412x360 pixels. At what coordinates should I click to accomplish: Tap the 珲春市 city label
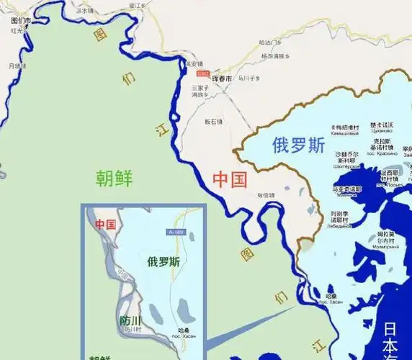point(221,78)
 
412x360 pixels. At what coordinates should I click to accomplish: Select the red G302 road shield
point(203,73)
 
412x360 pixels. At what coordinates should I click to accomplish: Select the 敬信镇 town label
point(267,194)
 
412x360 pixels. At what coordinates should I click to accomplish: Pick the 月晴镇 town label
point(17,66)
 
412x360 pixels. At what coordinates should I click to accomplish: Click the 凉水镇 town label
point(85,11)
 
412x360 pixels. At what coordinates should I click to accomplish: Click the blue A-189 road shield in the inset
point(176,232)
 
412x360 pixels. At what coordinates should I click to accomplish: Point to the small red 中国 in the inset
point(105,224)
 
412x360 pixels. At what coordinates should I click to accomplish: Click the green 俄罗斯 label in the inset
point(164,261)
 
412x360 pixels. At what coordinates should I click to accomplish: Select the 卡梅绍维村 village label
point(344,127)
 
